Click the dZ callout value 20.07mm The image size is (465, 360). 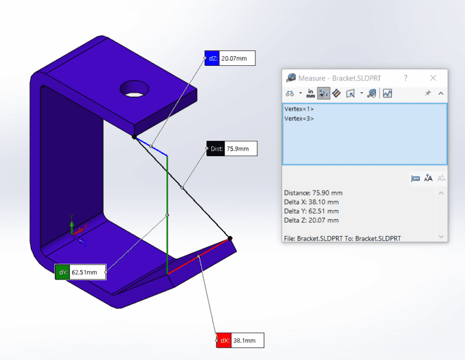[x=237, y=59]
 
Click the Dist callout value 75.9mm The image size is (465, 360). [x=240, y=149]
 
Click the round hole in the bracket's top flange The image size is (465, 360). [x=134, y=88]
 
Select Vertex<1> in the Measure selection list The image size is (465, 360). [x=299, y=109]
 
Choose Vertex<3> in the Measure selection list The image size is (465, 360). [x=299, y=118]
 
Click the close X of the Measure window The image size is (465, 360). [x=433, y=78]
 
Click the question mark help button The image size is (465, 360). [x=406, y=78]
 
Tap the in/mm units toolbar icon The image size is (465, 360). [x=311, y=93]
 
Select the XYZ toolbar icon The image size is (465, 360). [x=323, y=93]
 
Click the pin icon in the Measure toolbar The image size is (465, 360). [x=427, y=93]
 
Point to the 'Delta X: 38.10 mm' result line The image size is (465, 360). [x=311, y=202]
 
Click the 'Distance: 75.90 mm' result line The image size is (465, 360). [x=313, y=193]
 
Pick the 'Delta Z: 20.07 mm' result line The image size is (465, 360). [x=311, y=220]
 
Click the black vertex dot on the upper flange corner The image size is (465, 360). [x=134, y=137]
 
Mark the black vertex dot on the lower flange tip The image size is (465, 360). [x=230, y=238]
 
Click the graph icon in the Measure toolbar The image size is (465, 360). [x=387, y=93]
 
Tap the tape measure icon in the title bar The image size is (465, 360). [x=291, y=78]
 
